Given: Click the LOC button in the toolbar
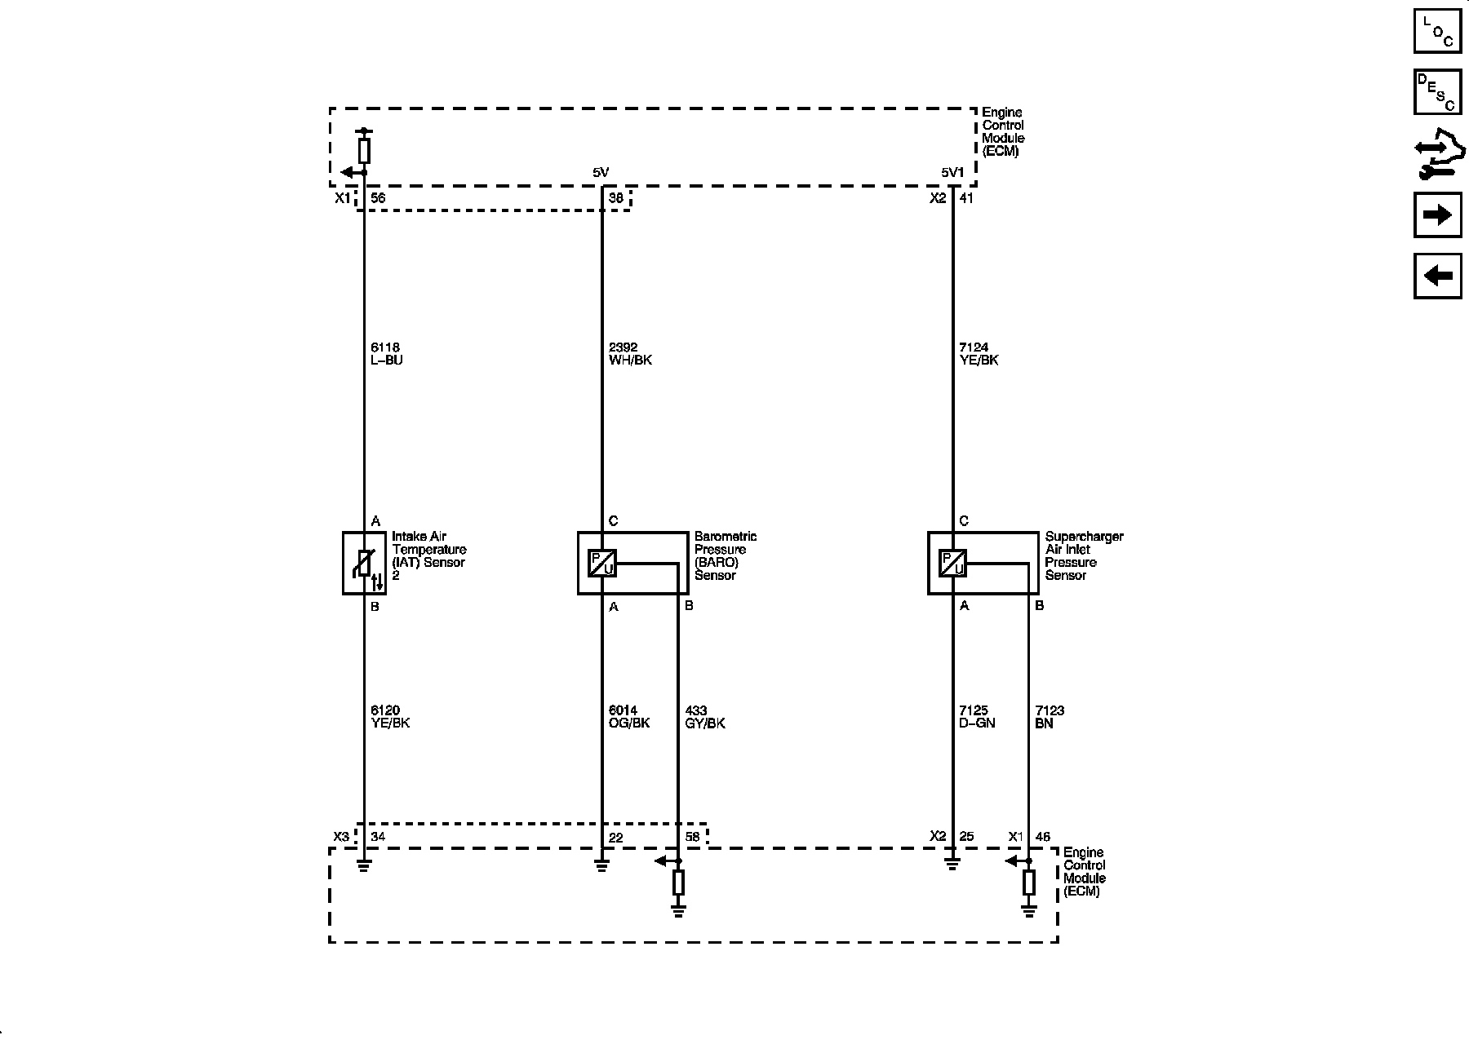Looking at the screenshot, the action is [1437, 30].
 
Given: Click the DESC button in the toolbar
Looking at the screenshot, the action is [1437, 91].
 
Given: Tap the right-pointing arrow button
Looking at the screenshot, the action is [1437, 215].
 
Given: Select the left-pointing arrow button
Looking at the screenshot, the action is [1437, 276].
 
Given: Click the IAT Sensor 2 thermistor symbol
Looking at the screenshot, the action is [364, 563].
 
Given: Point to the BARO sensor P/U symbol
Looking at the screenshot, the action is [601, 563].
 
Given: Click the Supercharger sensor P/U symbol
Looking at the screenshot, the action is [952, 563].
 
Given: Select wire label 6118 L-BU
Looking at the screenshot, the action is [387, 354].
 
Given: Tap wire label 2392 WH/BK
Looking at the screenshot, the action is [630, 354].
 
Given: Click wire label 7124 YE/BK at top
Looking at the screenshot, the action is [979, 354].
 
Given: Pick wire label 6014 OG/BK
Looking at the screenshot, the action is [628, 717].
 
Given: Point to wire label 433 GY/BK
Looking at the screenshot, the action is [705, 717].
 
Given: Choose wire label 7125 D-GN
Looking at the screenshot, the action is [977, 717].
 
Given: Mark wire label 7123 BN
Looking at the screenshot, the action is [1049, 717].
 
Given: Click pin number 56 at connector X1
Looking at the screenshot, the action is [378, 198].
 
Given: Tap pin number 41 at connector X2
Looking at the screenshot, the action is [966, 198].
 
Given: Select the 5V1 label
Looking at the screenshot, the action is [952, 172].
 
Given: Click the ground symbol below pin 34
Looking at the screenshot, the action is [364, 865].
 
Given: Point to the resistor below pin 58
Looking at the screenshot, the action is [678, 883].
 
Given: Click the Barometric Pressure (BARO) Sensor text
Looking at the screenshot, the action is [726, 555].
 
